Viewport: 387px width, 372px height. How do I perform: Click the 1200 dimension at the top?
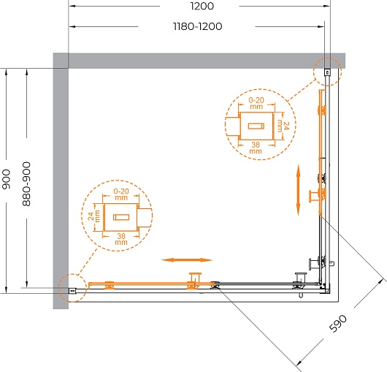[x=202, y=6]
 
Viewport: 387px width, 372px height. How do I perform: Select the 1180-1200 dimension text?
[x=198, y=26]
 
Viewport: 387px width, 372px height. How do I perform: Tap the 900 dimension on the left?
[x=6, y=179]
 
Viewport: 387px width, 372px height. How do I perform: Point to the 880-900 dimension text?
[x=26, y=184]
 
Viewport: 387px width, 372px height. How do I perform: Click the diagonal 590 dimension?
[x=338, y=323]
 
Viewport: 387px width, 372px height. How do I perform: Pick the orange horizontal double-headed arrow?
[x=187, y=260]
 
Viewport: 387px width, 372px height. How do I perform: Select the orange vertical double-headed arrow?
[x=298, y=190]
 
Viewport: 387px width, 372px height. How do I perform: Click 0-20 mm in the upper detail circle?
[x=256, y=103]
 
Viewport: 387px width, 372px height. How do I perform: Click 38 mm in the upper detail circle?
[x=256, y=148]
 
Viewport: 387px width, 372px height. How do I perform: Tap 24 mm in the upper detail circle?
[x=283, y=126]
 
